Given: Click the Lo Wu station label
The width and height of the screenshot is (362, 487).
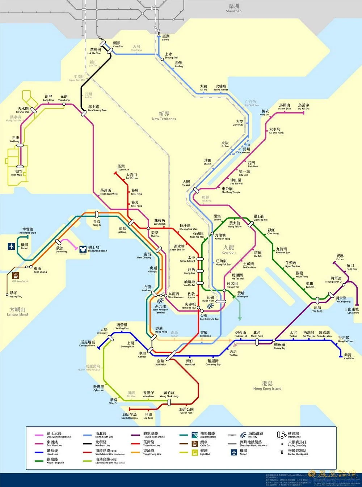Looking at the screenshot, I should point(165,38).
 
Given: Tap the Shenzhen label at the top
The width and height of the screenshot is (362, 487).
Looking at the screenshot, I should point(233,8).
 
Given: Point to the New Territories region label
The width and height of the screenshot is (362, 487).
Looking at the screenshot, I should point(164,116).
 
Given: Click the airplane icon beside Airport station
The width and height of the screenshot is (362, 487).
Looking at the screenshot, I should point(12,246).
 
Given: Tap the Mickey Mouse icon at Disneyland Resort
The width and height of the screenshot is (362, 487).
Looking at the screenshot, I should point(82,249).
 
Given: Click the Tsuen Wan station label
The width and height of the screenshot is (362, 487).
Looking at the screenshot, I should point(123,168).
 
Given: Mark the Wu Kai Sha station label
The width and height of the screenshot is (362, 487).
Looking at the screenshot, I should point(303,107).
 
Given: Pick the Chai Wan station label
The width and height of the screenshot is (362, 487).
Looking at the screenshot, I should point(349,356).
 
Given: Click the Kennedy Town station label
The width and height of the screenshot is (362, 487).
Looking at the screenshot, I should point(87,343).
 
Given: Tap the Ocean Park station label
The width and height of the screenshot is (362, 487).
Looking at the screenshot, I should point(186,411).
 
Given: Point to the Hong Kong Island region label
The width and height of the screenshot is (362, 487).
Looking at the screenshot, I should point(267,386).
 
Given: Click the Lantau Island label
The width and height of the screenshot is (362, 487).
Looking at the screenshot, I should point(17,312).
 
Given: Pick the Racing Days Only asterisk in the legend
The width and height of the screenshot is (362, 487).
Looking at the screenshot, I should point(282,444).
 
